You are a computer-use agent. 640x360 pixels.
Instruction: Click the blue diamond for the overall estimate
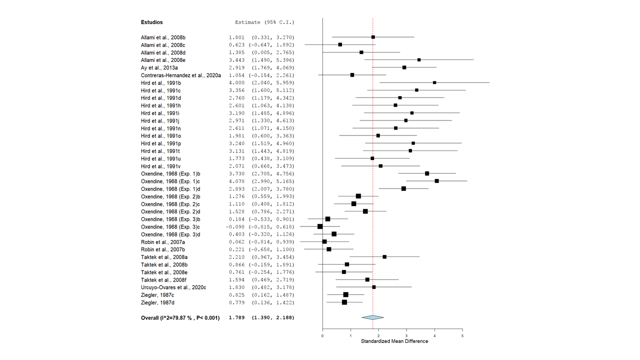[x=372, y=317]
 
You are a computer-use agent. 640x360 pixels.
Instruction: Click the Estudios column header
[x=151, y=22]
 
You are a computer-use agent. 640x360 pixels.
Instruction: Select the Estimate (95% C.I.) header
[x=264, y=22]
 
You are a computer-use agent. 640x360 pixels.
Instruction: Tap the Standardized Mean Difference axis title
[x=394, y=341]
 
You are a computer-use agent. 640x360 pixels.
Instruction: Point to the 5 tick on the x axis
[x=462, y=336]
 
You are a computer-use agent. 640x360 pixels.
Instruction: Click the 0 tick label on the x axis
[x=322, y=336]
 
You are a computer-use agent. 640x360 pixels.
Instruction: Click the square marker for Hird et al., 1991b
[x=434, y=82]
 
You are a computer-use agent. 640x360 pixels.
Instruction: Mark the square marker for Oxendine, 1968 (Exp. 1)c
[x=436, y=181]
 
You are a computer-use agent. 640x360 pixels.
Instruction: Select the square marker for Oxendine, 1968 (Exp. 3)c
[x=320, y=226]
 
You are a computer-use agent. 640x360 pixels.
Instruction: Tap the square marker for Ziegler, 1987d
[x=344, y=302]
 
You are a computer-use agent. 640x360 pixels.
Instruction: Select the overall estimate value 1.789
[x=236, y=317]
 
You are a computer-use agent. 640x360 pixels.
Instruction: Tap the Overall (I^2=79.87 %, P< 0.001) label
[x=180, y=317]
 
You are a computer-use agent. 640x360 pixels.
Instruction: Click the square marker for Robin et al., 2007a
[x=324, y=241]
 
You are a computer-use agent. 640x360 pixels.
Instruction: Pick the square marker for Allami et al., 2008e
[x=419, y=60]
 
